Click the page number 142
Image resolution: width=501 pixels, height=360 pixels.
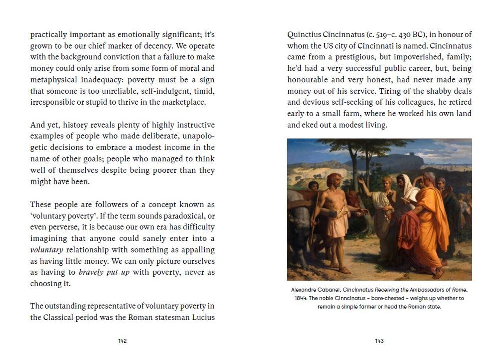point(122,341)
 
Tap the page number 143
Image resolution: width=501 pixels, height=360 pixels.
point(379,341)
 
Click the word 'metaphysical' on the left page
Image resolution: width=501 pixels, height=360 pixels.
point(54,80)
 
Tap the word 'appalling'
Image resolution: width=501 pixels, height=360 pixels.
point(196,250)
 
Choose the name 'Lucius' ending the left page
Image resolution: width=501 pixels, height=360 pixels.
point(201,318)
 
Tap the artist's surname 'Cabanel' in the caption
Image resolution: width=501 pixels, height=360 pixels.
point(334,290)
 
